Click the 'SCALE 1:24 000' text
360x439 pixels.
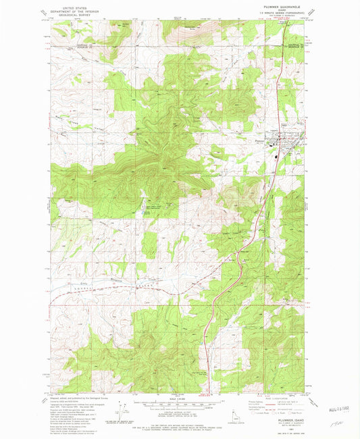pyautogui.click(x=180, y=398)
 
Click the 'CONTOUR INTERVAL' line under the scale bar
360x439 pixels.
pyautogui.click(x=180, y=409)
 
